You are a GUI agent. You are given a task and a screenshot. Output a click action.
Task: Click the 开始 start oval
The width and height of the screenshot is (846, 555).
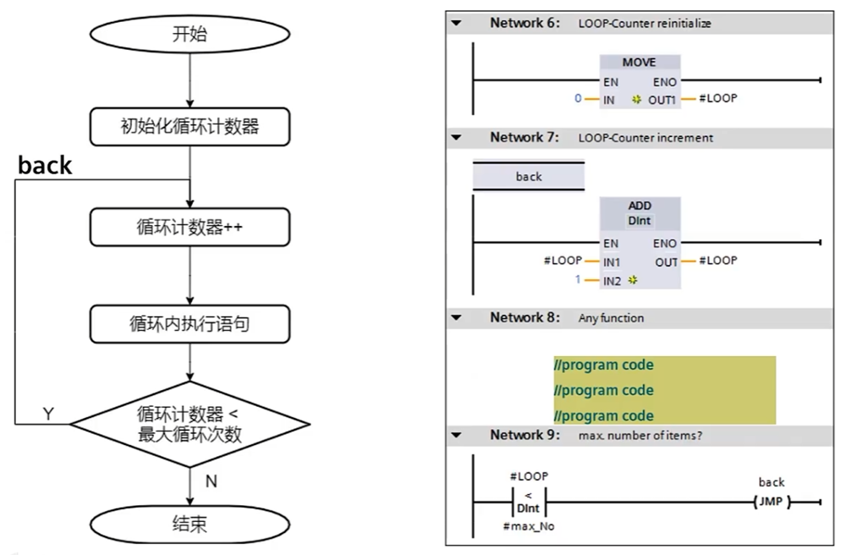click(189, 35)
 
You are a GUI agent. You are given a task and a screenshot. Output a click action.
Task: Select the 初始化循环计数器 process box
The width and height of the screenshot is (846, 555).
click(189, 128)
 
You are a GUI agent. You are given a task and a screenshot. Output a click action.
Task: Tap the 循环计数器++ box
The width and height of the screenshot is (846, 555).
click(189, 227)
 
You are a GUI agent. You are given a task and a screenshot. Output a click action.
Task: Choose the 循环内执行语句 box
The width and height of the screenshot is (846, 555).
click(189, 322)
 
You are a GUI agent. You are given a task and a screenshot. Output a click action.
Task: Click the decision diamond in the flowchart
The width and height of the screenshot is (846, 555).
click(189, 422)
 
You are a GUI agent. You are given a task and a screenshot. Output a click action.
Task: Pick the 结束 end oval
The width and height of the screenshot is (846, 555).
click(189, 524)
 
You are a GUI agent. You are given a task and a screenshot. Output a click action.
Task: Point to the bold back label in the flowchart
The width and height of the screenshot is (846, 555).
click(45, 165)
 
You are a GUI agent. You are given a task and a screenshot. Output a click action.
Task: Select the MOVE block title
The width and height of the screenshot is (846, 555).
click(639, 63)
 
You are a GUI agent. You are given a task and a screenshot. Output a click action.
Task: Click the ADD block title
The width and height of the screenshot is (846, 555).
click(640, 206)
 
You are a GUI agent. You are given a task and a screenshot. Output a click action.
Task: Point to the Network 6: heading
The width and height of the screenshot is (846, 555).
click(525, 24)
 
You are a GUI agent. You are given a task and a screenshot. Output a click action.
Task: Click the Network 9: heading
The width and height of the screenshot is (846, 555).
click(525, 435)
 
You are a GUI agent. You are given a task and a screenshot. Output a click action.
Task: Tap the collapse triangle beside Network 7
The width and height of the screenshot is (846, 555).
click(457, 138)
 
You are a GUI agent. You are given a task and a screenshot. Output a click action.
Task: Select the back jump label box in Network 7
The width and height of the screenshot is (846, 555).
click(528, 177)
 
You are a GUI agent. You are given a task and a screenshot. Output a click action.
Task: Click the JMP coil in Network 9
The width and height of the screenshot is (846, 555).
click(771, 503)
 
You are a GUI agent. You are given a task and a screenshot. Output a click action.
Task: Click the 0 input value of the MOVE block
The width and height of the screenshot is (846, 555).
click(578, 98)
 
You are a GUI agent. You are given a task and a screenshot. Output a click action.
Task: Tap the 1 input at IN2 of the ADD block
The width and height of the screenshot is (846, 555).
click(578, 278)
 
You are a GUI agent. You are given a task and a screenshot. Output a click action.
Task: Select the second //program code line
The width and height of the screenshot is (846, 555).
click(603, 390)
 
